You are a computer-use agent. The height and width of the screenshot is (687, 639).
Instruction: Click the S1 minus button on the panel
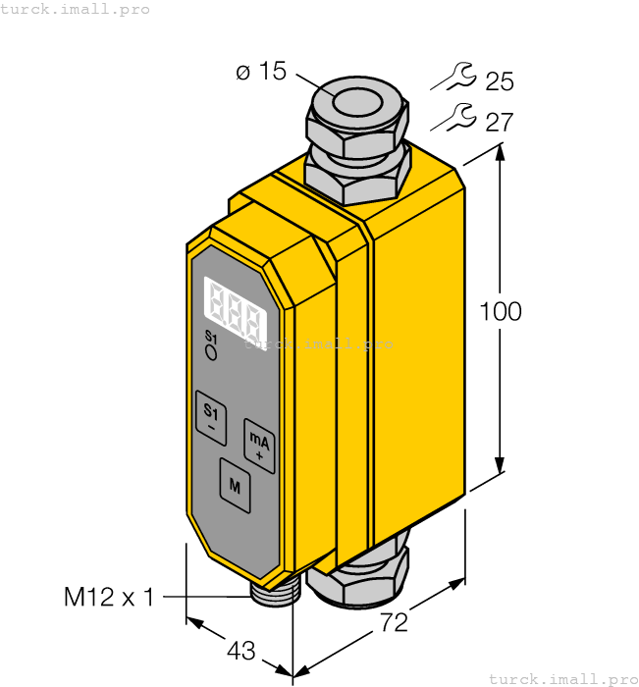pos(210,416)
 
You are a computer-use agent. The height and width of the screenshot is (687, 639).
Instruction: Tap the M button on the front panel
pos(235,484)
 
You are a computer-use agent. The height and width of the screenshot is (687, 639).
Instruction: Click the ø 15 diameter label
pos(260,73)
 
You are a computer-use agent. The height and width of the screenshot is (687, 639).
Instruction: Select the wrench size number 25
pos(499,81)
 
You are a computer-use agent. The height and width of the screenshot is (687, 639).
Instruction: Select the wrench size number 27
pos(499,123)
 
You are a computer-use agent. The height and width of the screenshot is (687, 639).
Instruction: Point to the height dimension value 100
pos(501,312)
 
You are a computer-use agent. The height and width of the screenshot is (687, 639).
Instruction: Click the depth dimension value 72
pos(393,621)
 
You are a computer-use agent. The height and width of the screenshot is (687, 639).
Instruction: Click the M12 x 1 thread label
pos(109,597)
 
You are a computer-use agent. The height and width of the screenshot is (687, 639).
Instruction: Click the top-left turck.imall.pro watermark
pos(76,9)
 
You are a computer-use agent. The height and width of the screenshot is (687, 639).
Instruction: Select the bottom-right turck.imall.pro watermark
pos(562,678)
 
